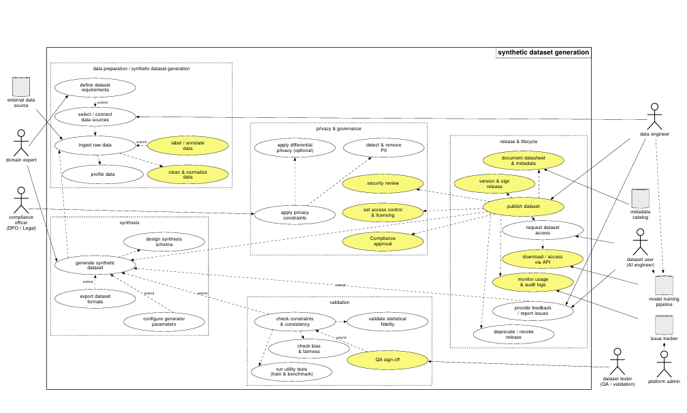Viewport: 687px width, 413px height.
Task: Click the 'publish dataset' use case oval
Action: (x=523, y=206)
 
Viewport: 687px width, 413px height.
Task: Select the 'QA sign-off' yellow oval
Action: (x=387, y=360)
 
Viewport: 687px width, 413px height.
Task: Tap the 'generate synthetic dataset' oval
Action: (x=95, y=265)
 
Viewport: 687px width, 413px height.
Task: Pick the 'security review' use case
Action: (x=383, y=183)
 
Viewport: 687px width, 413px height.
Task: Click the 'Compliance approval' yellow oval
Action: (x=383, y=241)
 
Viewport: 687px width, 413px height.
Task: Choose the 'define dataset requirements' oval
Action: (x=95, y=88)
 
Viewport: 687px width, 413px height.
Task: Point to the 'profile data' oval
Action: (x=103, y=174)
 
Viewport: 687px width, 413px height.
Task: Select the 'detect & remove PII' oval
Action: (x=384, y=148)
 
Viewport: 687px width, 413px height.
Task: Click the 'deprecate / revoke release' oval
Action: (x=513, y=335)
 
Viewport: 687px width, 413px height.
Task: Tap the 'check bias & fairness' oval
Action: (x=309, y=349)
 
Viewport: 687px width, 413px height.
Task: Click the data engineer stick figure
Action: (x=654, y=117)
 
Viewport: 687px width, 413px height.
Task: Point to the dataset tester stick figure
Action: (x=618, y=362)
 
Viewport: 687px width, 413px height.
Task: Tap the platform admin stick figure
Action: (x=665, y=365)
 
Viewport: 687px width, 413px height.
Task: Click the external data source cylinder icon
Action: (x=21, y=87)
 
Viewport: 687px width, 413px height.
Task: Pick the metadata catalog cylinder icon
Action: (x=640, y=198)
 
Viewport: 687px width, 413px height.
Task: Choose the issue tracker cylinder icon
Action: (x=665, y=325)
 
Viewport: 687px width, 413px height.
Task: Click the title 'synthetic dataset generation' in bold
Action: (x=543, y=52)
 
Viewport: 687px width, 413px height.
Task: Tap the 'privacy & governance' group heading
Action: (x=338, y=129)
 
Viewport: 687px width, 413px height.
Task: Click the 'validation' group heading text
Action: (x=340, y=303)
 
